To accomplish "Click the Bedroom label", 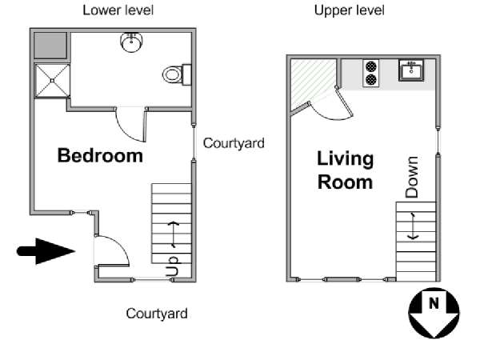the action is pyautogui.click(x=100, y=155).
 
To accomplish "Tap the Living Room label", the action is pyautogui.click(x=345, y=170).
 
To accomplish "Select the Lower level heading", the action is pyautogui.click(x=118, y=10).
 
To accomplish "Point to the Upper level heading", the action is pyautogui.click(x=350, y=10).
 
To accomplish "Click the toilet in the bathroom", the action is pyautogui.click(x=177, y=74).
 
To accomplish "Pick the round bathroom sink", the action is pyautogui.click(x=132, y=42).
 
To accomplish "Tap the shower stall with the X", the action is pyautogui.click(x=52, y=81).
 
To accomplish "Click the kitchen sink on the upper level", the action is pyautogui.click(x=411, y=70).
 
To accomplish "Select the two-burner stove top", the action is pyautogui.click(x=371, y=73).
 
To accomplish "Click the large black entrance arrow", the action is pyautogui.click(x=46, y=251).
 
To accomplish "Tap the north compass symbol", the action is pyautogui.click(x=434, y=313).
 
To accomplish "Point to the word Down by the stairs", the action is pyautogui.click(x=412, y=177).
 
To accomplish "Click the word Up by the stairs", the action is pyautogui.click(x=173, y=266).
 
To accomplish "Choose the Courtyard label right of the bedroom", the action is pyautogui.click(x=234, y=143).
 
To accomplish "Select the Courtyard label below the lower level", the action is pyautogui.click(x=157, y=314).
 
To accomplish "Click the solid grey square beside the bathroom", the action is pyautogui.click(x=50, y=46).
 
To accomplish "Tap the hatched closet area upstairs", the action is pyautogui.click(x=312, y=82).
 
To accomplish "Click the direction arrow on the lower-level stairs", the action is pyautogui.click(x=174, y=234).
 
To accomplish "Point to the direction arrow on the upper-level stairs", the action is pyautogui.click(x=414, y=226).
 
